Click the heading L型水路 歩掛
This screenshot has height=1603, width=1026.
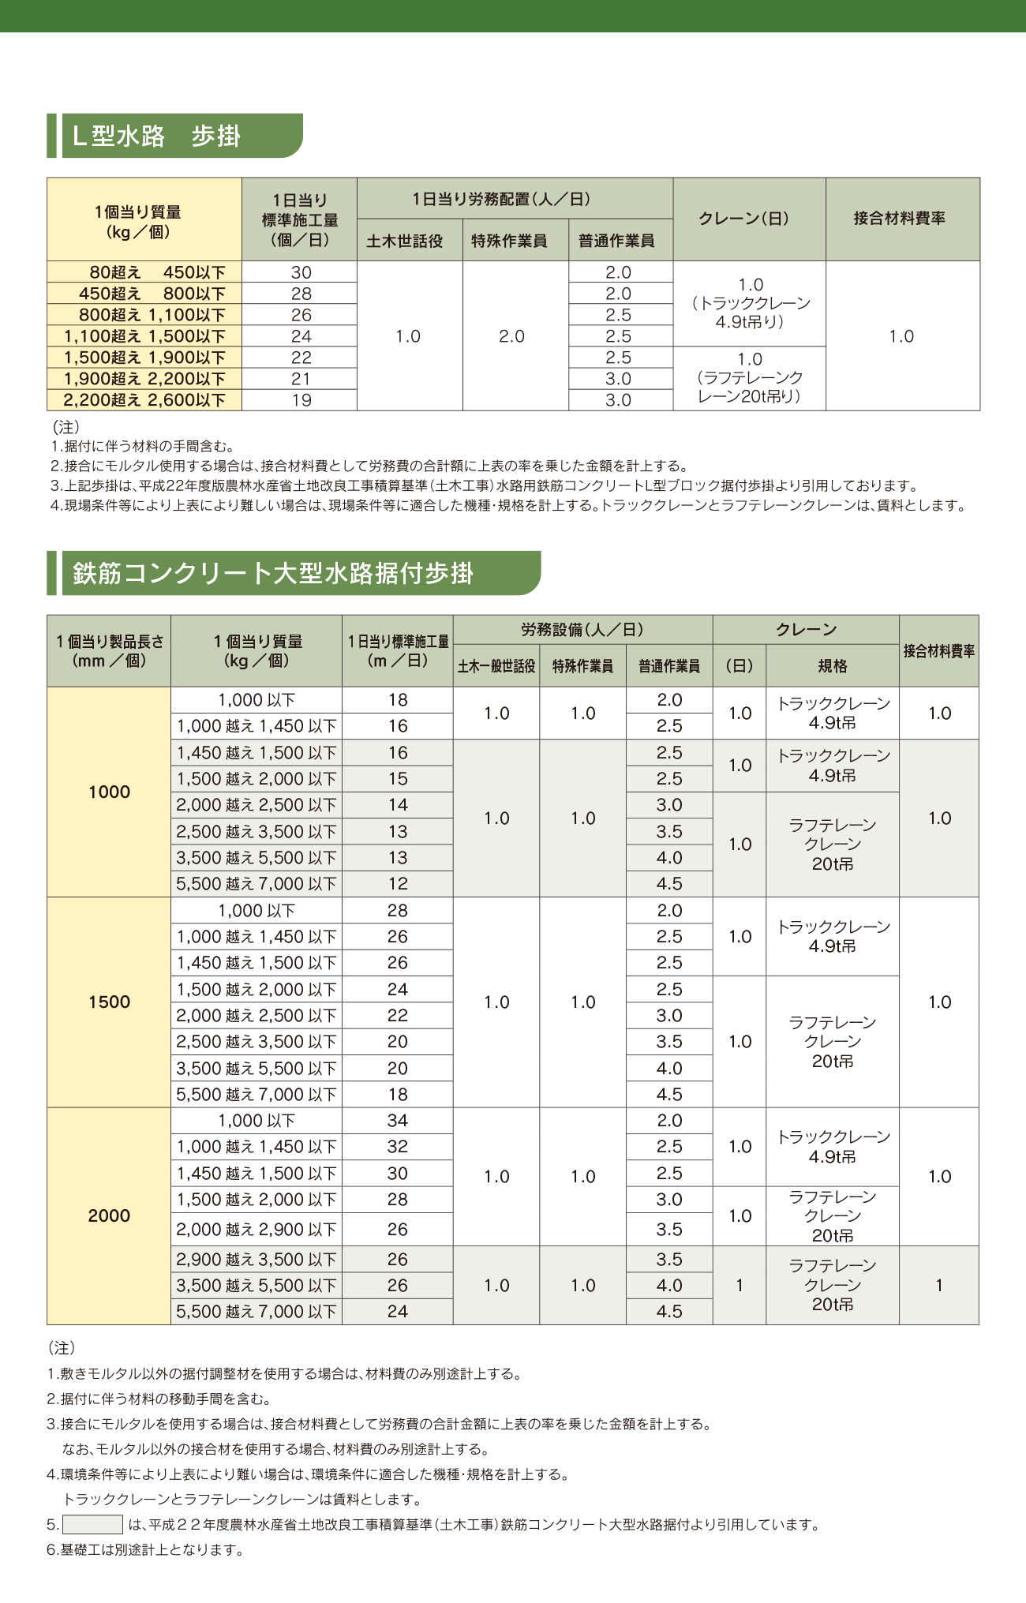tap(156, 137)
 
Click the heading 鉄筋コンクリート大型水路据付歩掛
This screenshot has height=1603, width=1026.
tap(273, 573)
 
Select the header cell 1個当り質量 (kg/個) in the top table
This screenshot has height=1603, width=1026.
tap(138, 222)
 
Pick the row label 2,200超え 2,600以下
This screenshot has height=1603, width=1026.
tap(144, 400)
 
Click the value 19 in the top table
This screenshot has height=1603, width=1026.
tap(301, 400)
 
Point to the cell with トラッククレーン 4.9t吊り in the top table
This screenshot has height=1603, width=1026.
tap(750, 303)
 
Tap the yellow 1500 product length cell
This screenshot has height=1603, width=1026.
tap(109, 1002)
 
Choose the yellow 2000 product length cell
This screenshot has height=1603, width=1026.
tap(109, 1215)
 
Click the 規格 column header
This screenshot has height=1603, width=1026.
tap(832, 666)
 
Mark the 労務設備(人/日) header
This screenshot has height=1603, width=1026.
tap(582, 630)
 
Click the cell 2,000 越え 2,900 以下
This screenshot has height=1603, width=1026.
tap(256, 1229)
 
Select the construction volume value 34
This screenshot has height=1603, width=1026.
tap(398, 1121)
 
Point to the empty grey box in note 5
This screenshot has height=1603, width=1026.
tap(92, 1525)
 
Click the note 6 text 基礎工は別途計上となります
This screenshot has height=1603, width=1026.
tap(145, 1550)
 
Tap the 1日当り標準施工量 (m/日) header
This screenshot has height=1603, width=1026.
tap(398, 651)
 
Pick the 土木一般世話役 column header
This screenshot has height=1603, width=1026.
tap(496, 666)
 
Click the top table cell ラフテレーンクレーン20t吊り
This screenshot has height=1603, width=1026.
tap(750, 378)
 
